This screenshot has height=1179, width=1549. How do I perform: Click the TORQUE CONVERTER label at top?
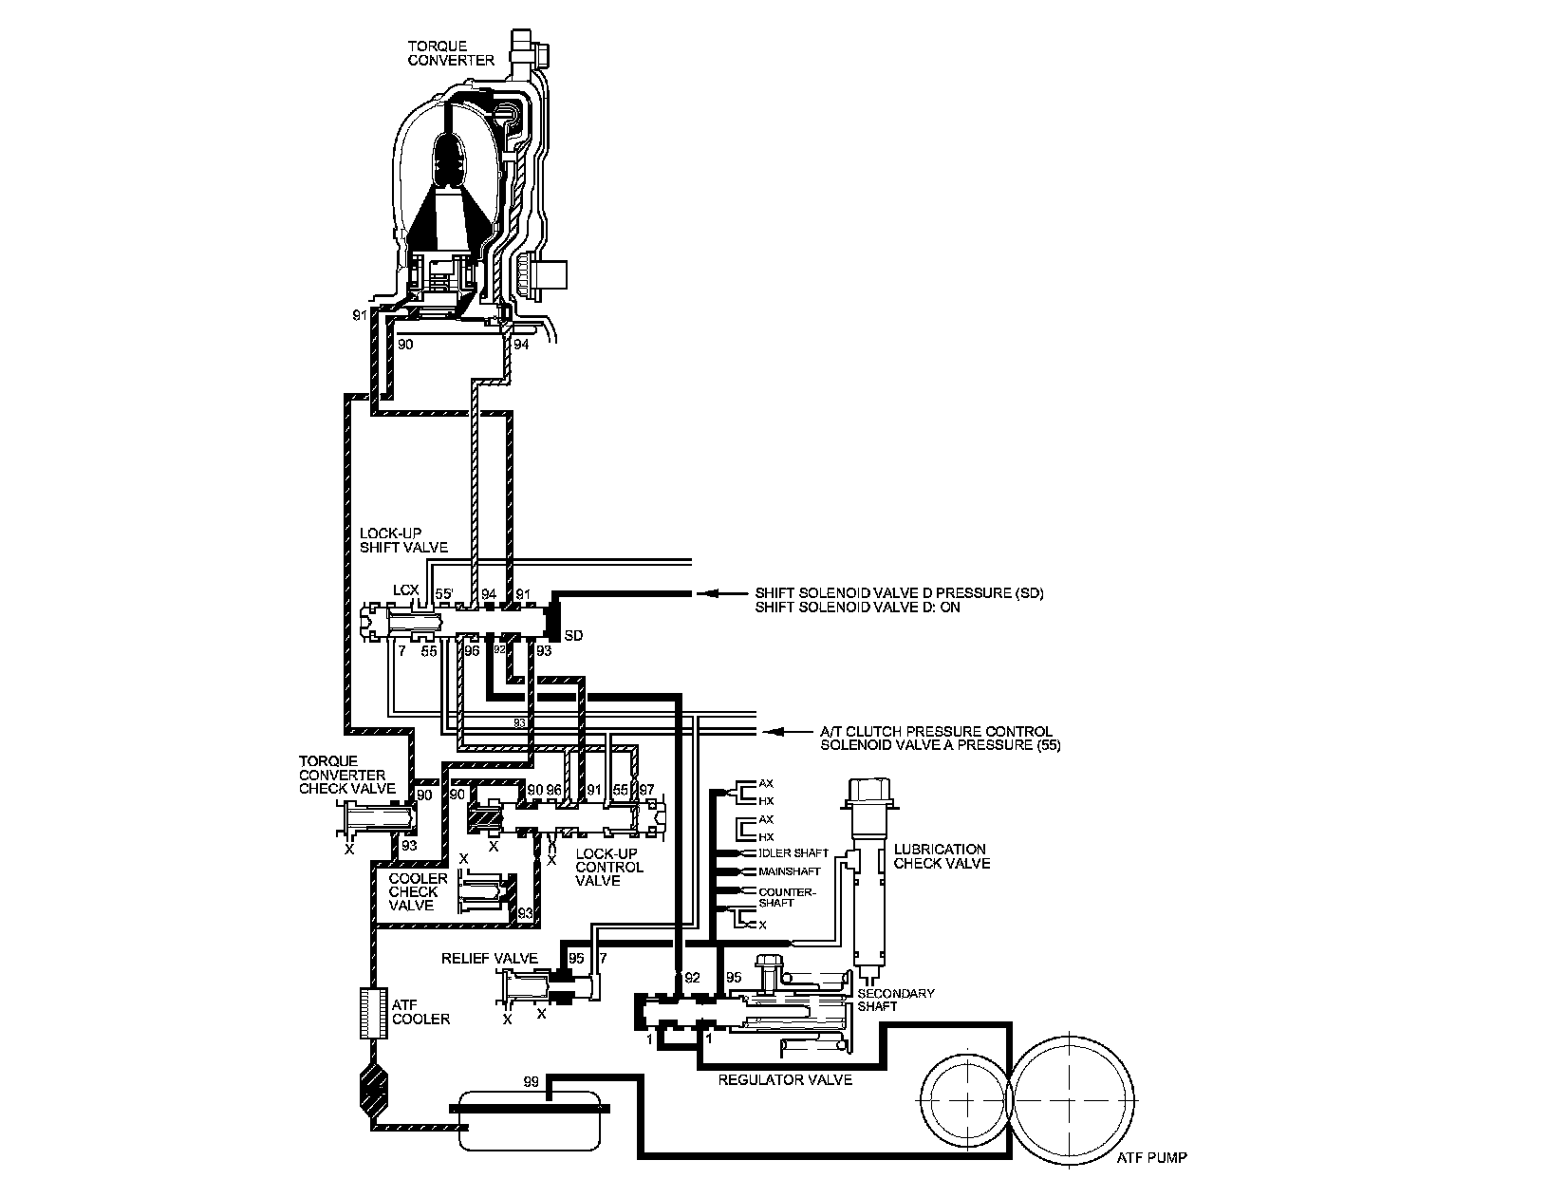coord(451,52)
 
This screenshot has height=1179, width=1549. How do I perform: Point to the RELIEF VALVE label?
coord(490,958)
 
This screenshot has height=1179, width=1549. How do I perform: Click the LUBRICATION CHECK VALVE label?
coord(941,856)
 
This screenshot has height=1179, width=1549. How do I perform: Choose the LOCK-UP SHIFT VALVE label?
coord(403,540)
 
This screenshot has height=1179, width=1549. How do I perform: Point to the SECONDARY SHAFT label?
coord(883,1000)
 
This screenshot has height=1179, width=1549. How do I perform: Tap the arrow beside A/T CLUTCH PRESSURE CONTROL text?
coord(774,732)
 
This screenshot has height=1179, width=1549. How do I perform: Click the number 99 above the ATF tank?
coord(532,1082)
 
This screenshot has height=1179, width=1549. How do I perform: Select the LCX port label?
coord(405,591)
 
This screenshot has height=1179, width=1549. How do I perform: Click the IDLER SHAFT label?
coord(793,852)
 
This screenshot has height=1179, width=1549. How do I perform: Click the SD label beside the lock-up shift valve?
coord(573,635)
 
